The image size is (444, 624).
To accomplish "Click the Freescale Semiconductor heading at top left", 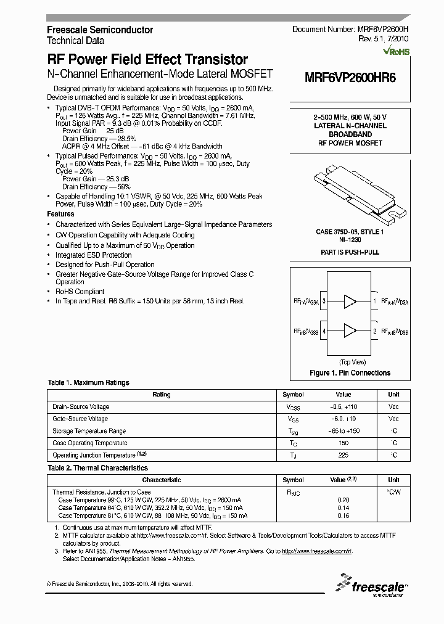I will pos(100,30).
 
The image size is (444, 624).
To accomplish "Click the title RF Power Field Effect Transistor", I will pos(147,60).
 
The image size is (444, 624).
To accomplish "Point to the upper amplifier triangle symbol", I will pos(350,302).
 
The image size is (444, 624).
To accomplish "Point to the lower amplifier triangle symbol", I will pos(350,330).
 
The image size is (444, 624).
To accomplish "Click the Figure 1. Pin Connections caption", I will pos(350,373).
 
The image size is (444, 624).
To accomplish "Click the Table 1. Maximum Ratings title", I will pos(89,383).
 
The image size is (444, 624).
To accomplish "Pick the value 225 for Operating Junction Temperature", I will pos(343,456).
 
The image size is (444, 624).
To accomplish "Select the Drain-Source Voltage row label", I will pos(81,407).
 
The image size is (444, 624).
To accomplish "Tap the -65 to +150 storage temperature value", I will pos(343,431).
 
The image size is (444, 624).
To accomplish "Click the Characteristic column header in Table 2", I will pos(162,480).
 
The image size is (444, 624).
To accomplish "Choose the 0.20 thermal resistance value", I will pos(343,499).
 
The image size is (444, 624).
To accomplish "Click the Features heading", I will pos(61,214).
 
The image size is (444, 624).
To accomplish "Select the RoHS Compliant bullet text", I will pos(80,292).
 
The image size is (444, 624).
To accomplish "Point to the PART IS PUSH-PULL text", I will pos(350,253).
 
